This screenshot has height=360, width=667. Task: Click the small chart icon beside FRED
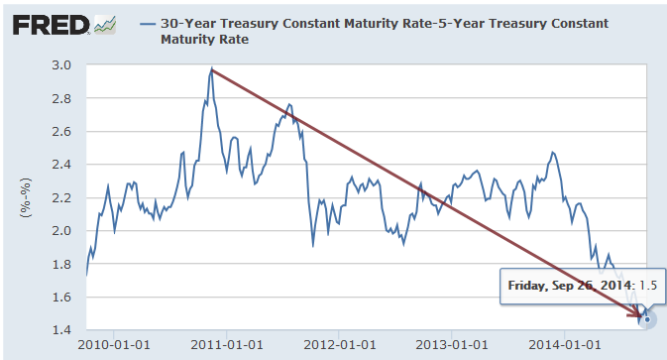[104, 23]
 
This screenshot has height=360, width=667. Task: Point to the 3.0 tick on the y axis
[61, 65]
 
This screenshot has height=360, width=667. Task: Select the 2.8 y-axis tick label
[61, 98]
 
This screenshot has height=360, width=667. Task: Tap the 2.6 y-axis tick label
[61, 132]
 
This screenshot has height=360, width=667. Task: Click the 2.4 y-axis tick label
[61, 165]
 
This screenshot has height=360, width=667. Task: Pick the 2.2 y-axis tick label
[61, 197]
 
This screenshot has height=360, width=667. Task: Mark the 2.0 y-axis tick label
[61, 231]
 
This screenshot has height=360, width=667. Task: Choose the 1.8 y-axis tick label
[61, 264]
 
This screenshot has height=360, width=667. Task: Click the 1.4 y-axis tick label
[61, 330]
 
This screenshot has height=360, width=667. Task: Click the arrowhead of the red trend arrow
[640, 316]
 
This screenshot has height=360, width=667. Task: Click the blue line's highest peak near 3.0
[211, 70]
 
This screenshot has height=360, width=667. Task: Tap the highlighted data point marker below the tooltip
[647, 319]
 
